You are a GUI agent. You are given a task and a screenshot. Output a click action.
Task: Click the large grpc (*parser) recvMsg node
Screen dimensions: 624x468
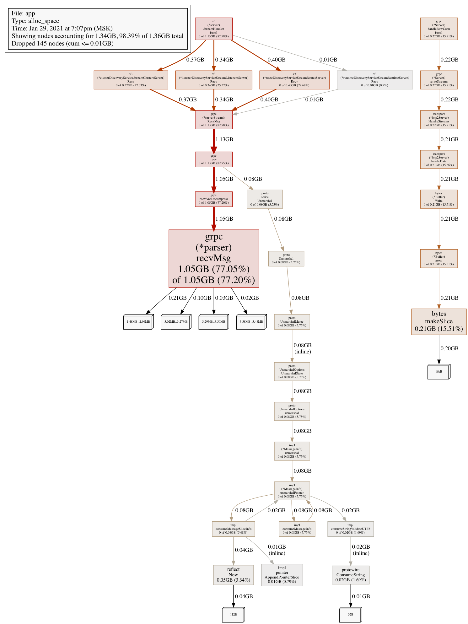(214, 258)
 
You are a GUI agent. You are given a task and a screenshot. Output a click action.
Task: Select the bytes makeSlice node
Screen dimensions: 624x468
(439, 321)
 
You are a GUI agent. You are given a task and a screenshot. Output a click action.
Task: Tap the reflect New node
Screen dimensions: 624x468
(233, 575)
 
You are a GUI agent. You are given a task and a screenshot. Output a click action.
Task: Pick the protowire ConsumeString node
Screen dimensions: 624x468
(351, 575)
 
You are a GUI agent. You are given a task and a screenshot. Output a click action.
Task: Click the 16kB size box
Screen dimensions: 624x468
(438, 372)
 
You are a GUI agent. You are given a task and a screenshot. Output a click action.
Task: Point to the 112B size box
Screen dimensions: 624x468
(233, 615)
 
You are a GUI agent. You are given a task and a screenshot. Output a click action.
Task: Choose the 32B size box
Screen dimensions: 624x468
(351, 615)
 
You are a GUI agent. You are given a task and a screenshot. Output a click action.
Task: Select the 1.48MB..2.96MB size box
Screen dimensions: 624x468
(138, 322)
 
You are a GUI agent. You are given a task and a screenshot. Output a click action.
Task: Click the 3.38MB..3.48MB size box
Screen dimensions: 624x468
(251, 322)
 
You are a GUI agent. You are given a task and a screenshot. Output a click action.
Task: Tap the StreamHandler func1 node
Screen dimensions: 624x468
(214, 29)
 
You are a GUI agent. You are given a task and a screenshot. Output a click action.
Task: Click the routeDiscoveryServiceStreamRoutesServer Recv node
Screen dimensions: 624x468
(294, 80)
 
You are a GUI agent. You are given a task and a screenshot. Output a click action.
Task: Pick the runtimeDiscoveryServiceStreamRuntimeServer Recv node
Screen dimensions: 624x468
(375, 80)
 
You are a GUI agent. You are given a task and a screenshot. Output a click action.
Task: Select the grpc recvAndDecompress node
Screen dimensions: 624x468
(214, 199)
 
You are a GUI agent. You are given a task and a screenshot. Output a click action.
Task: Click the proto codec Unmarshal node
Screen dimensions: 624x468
(265, 199)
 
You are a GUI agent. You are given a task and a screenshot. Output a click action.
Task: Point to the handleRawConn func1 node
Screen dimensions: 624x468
(439, 29)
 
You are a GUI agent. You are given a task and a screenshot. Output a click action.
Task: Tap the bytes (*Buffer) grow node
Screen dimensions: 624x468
(439, 258)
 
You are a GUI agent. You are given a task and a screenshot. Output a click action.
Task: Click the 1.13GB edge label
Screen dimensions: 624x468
(224, 139)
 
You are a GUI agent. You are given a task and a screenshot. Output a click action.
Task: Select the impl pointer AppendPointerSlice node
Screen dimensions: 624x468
(282, 575)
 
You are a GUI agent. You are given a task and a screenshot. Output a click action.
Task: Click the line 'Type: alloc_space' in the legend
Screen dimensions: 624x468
(35, 21)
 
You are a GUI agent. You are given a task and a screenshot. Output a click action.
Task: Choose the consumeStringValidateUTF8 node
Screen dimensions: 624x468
(351, 529)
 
